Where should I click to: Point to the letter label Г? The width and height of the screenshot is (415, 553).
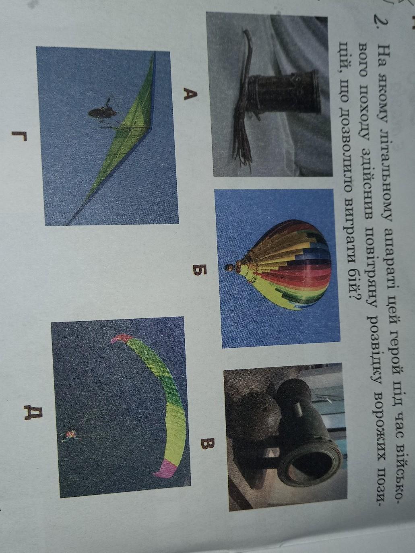tap(20, 137)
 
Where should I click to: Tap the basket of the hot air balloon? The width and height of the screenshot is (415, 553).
tap(229, 268)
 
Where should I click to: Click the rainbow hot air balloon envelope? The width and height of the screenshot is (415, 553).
tap(285, 264)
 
